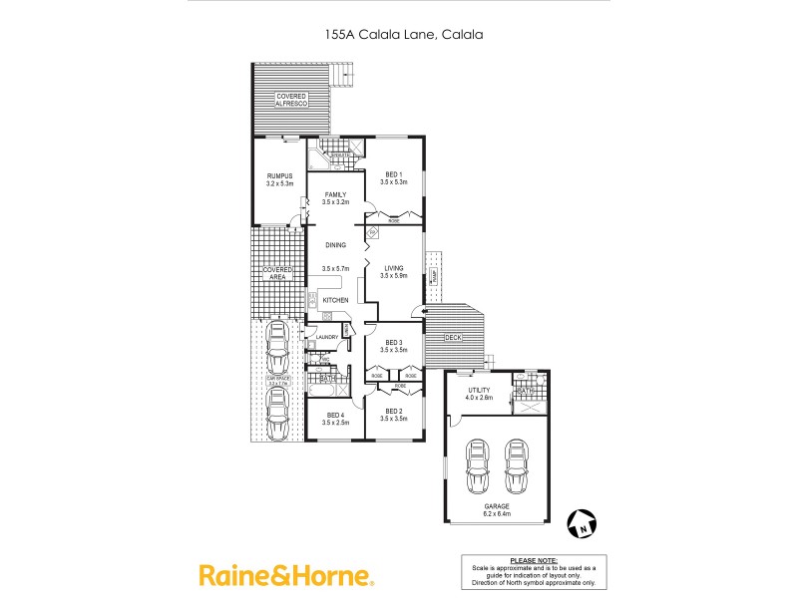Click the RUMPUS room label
277,176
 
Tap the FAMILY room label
334,194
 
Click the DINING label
334,244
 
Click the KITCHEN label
335,300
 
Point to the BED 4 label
334,416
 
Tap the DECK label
453,339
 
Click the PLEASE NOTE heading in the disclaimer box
533,561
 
